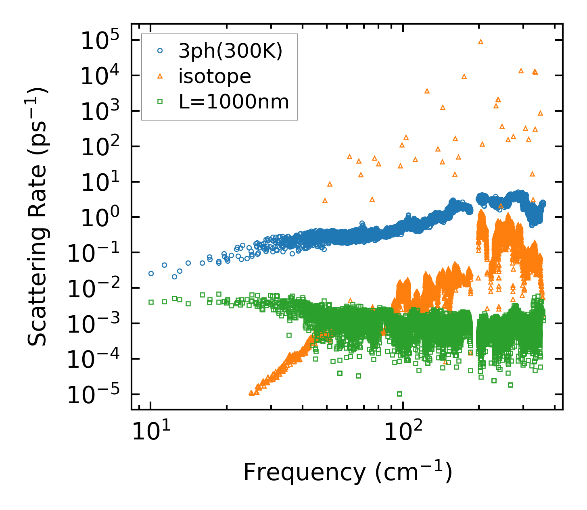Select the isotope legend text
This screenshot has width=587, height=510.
coord(215,76)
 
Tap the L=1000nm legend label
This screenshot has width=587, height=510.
coord(234,102)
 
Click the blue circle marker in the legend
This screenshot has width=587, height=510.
coord(160,51)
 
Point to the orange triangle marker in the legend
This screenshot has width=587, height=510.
coord(160,76)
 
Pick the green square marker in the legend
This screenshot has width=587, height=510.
coord(160,102)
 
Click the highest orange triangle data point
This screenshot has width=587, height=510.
coord(480,42)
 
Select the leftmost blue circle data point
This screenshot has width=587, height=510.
coord(151,273)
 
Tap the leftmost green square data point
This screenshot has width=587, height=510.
coord(151,302)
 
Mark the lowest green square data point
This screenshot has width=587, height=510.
coord(399,394)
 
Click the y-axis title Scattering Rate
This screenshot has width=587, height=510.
coord(38,216)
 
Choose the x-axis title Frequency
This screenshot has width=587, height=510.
coord(347,472)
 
